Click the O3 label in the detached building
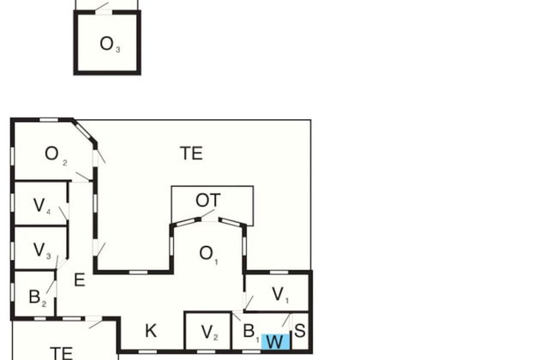(x=109, y=45)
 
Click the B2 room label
(x=37, y=297)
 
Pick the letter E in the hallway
(x=79, y=280)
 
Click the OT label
(x=207, y=201)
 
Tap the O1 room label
(x=208, y=254)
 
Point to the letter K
(x=151, y=332)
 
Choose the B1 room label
(x=250, y=332)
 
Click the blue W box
(x=275, y=342)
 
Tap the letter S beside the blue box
(x=300, y=330)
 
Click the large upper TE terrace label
(x=191, y=153)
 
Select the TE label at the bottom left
(x=61, y=351)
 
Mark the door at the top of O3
(x=102, y=7)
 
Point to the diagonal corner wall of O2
(x=84, y=132)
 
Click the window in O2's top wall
(x=49, y=119)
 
